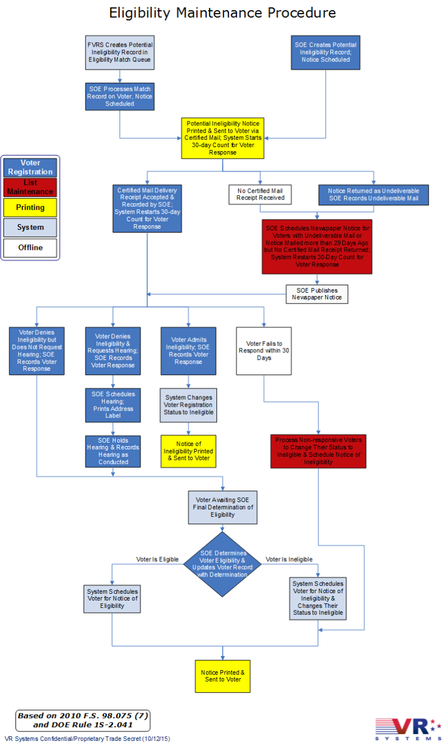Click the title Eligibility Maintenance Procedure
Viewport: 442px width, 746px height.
click(x=222, y=13)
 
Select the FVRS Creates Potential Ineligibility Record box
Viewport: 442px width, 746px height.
click(x=120, y=52)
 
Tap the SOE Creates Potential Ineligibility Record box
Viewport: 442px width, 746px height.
click(x=325, y=52)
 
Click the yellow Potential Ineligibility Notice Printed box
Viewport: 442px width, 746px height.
click(x=223, y=138)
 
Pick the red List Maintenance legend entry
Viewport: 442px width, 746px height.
click(x=30, y=187)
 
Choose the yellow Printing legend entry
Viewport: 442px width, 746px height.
click(x=30, y=208)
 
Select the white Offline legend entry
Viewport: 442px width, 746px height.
click(x=30, y=248)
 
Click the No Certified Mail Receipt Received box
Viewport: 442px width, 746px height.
click(x=260, y=194)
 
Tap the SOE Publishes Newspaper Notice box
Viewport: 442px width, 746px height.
click(x=317, y=294)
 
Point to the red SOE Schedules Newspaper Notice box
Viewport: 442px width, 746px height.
click(x=317, y=246)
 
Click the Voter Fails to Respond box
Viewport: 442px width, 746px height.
click(x=264, y=351)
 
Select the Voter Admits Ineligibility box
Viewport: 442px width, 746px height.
click(x=189, y=351)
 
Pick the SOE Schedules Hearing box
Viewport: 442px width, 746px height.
click(x=113, y=405)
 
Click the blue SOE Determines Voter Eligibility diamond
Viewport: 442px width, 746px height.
click(x=222, y=564)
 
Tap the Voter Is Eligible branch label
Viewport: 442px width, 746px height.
click(x=157, y=559)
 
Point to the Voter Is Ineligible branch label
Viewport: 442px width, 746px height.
click(x=289, y=559)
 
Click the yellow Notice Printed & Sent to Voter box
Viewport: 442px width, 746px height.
click(x=222, y=676)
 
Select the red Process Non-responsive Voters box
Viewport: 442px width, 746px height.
click(x=318, y=451)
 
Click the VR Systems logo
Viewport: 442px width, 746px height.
click(x=407, y=728)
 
